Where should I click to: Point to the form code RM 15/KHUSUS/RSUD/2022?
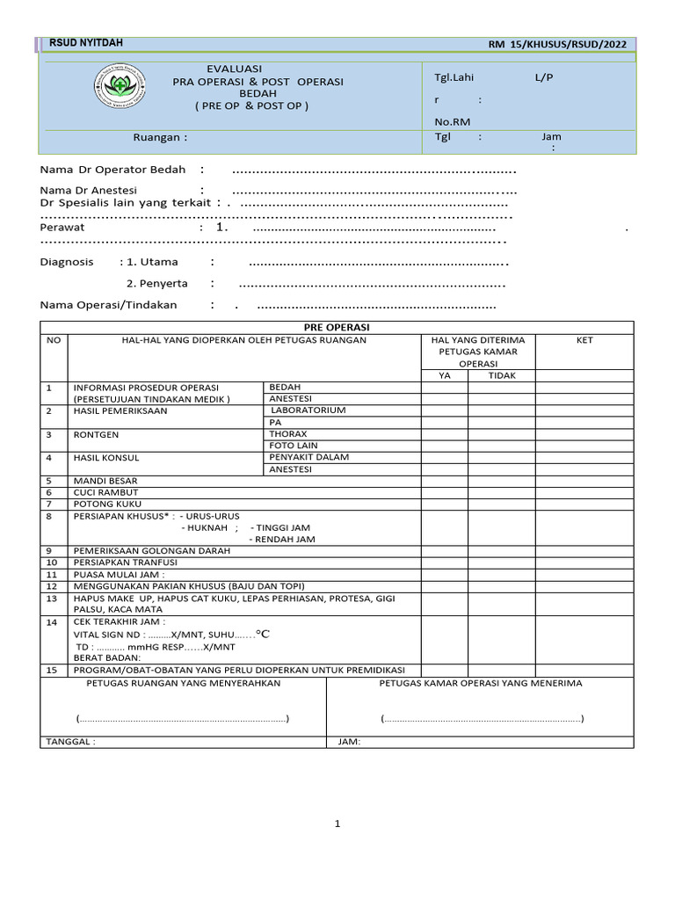[x=557, y=44]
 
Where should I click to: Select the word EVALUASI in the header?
[x=234, y=69]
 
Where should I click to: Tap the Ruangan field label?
[x=160, y=137]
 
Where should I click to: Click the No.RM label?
[x=453, y=123]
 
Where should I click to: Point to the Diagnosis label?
[x=67, y=262]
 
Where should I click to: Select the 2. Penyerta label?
[x=152, y=283]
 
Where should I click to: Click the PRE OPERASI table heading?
[x=337, y=327]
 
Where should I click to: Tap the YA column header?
[x=444, y=375]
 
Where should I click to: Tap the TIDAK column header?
[x=502, y=375]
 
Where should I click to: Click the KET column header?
[x=584, y=340]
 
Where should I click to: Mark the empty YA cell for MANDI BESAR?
[x=444, y=481]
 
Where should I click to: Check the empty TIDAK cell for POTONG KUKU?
[x=502, y=504]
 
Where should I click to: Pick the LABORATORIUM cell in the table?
[x=308, y=410]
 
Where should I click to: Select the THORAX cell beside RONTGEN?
[x=287, y=434]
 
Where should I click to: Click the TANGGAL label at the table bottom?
[x=70, y=741]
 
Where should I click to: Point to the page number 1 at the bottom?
[x=337, y=824]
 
